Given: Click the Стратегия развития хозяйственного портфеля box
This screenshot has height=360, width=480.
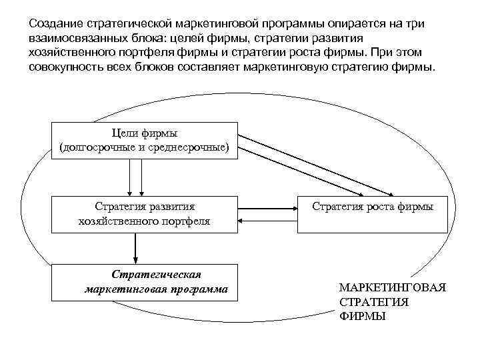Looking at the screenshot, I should tap(144, 213).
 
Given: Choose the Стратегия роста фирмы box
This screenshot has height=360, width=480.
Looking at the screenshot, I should tap(372, 213).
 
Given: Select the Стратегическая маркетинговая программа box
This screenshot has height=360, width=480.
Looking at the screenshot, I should tap(144, 281).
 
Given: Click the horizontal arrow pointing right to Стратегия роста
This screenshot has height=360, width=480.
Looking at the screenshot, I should tap(267, 207).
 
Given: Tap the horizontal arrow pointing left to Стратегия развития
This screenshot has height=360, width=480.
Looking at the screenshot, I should tap(267, 221).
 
